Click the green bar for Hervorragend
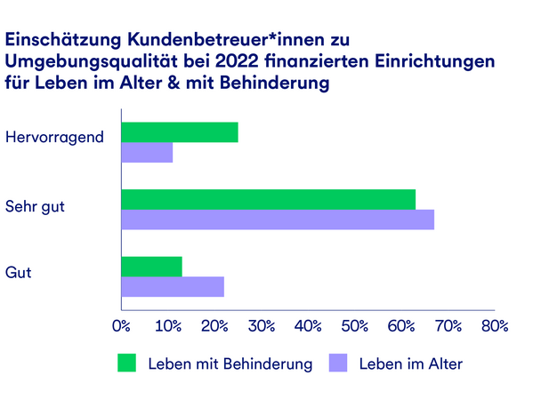[179, 132]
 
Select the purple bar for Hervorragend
[147, 153]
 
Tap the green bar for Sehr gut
[268, 200]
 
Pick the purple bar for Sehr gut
[278, 220]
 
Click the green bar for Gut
[151, 267]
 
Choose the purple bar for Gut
[173, 287]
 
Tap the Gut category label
[18, 273]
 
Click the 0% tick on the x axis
[121, 326]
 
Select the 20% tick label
[214, 326]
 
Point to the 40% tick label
[307, 326]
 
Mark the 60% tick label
[400, 326]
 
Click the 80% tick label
[493, 326]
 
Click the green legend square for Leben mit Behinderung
[128, 363]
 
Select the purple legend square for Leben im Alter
[338, 363]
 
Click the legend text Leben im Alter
[411, 363]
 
